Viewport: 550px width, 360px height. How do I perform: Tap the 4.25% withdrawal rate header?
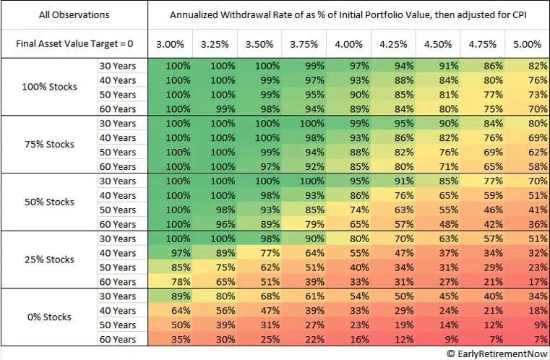point(394,44)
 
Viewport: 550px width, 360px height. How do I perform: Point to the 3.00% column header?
point(170,44)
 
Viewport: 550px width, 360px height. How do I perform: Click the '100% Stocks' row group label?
point(49,87)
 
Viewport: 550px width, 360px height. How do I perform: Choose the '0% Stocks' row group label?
point(49,317)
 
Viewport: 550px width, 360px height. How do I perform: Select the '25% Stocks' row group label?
point(49,260)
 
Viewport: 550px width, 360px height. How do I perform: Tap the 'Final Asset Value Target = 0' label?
point(74,44)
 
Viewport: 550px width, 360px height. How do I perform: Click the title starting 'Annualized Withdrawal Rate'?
point(348,14)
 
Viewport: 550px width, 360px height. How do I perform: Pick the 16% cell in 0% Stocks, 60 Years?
point(349,339)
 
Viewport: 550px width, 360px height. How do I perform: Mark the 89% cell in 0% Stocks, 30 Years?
point(170,296)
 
